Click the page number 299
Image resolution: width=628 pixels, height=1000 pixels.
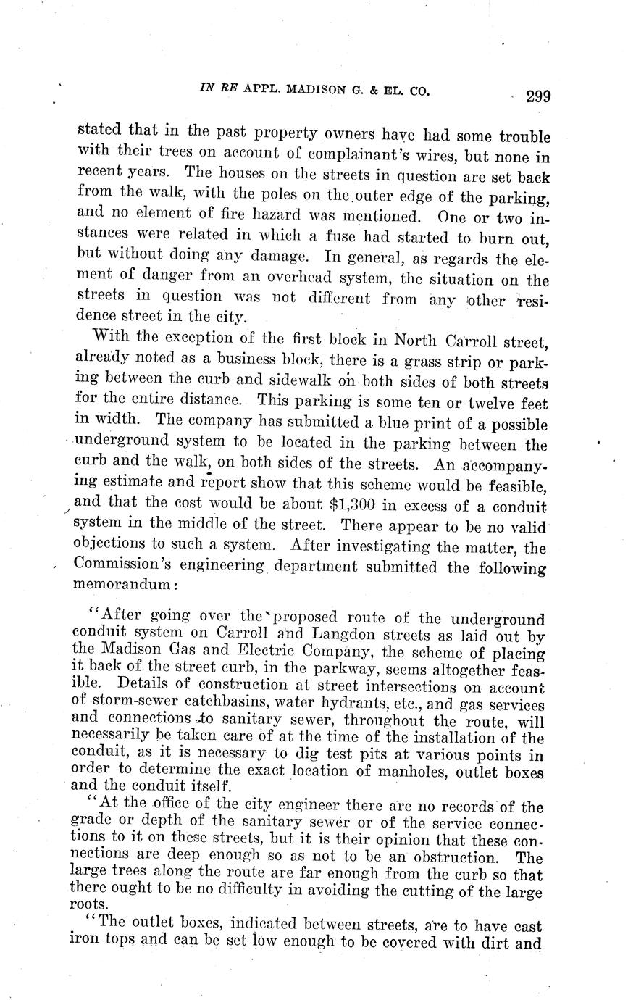coord(538,97)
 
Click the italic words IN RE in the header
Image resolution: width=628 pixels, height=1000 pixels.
coord(218,90)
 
